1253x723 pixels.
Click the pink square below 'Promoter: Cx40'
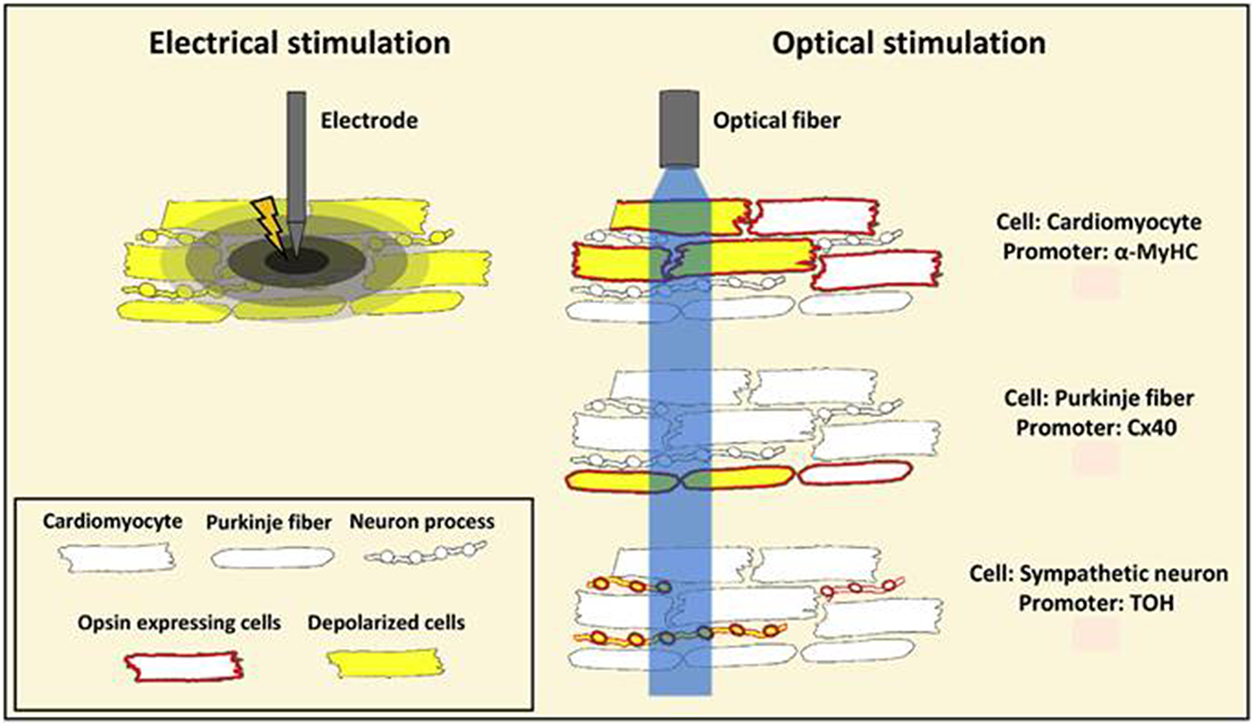click(x=1096, y=460)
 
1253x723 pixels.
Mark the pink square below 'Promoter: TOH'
click(x=1096, y=634)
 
